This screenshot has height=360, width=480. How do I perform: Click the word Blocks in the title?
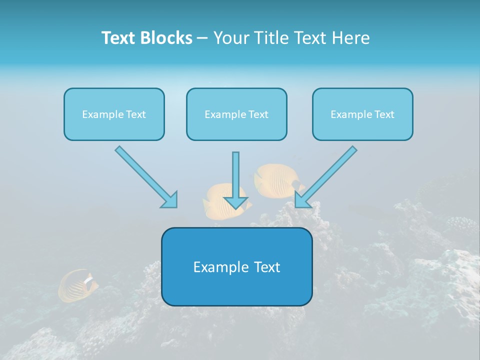[166, 38]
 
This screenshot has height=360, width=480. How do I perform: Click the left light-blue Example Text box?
[114, 114]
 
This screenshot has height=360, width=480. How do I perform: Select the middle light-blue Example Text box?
[236, 114]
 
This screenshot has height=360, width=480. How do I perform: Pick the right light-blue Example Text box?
[362, 114]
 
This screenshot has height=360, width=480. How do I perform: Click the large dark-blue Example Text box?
[236, 266]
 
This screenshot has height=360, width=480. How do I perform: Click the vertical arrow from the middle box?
[235, 175]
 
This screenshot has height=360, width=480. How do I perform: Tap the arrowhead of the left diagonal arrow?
[170, 200]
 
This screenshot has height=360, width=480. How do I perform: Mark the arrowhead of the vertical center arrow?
[235, 202]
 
